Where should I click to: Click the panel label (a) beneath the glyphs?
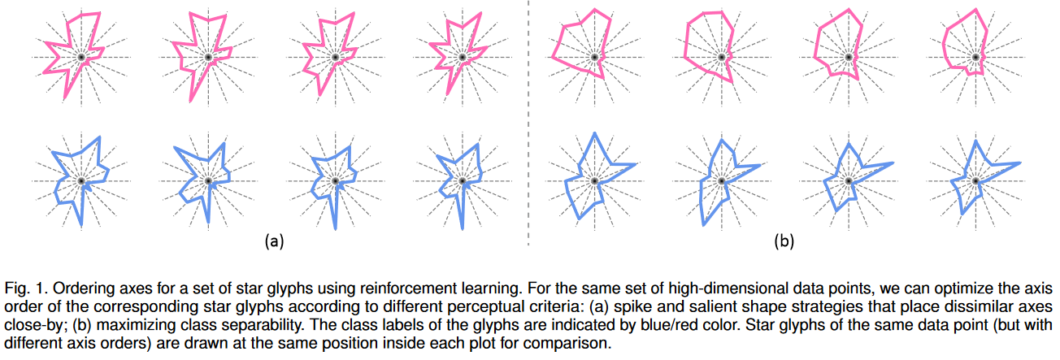pyautogui.click(x=272, y=240)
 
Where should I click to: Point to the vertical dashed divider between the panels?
pyautogui.click(x=529, y=122)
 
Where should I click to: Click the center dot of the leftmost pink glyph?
pyautogui.click(x=82, y=58)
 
